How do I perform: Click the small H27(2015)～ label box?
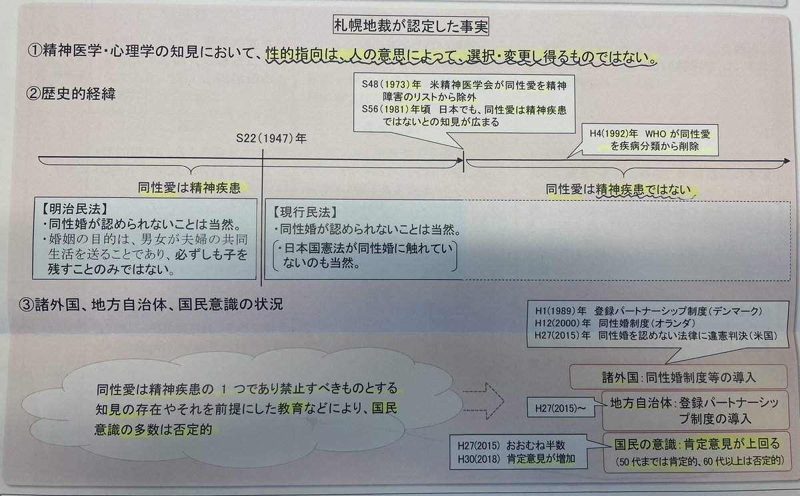[x=559, y=405]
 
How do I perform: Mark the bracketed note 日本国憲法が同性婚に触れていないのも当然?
[x=365, y=256]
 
